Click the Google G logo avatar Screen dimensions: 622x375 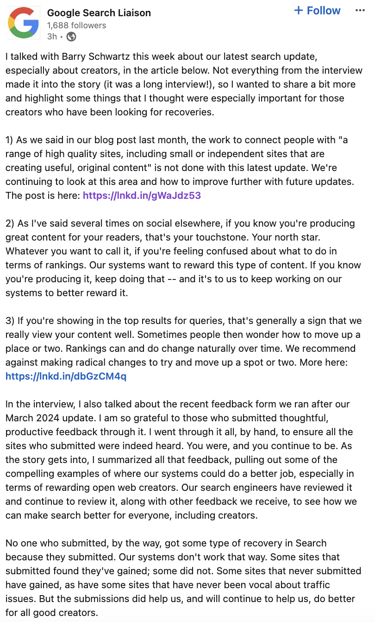pos(23,22)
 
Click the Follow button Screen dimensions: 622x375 pos(317,11)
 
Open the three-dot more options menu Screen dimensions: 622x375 pos(360,11)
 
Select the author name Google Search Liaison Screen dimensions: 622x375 pos(99,13)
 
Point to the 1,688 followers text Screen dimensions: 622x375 pos(76,25)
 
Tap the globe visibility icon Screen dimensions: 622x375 pos(71,37)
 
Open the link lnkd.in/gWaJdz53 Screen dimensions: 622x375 pos(142,195)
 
